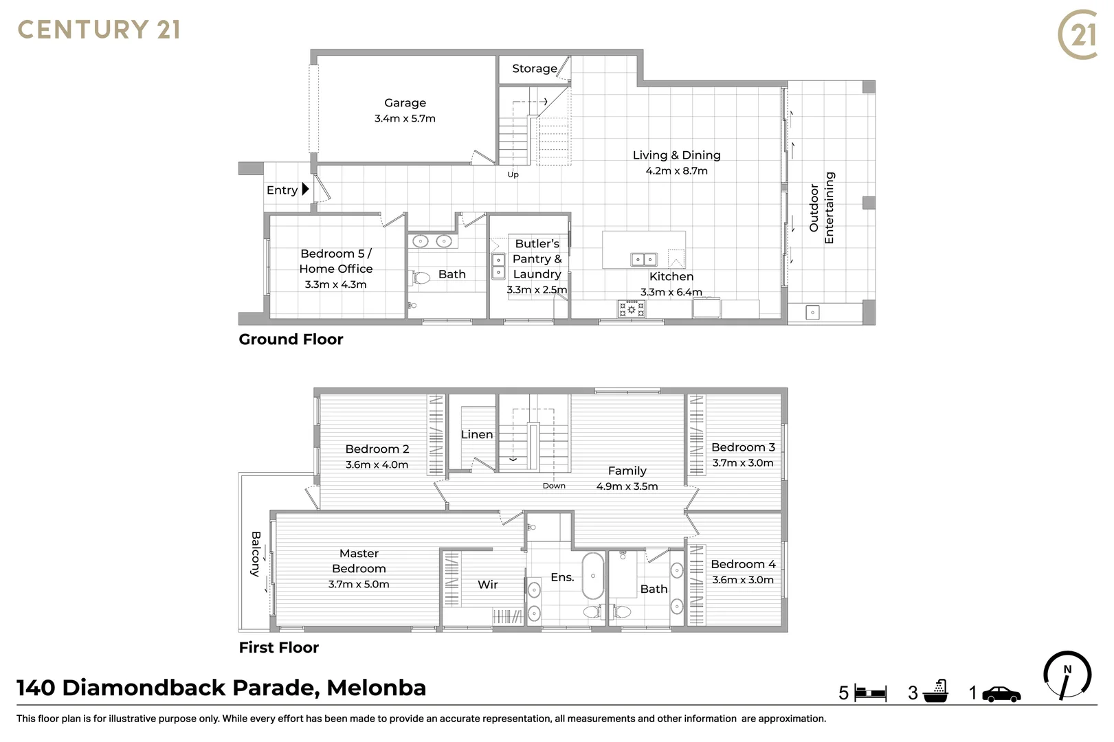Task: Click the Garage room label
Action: click(405, 103)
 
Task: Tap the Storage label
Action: click(534, 69)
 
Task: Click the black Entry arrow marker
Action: click(306, 189)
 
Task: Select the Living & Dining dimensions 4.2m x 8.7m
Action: click(676, 171)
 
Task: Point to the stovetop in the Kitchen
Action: click(631, 309)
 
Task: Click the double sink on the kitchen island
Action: click(644, 259)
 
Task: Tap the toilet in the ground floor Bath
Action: click(420, 278)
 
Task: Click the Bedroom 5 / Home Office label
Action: click(336, 261)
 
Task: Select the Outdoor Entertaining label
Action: click(822, 207)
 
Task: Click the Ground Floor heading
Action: click(291, 339)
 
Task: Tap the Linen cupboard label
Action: click(477, 434)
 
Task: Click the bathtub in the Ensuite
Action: click(592, 576)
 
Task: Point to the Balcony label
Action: click(256, 553)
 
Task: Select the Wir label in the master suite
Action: click(487, 585)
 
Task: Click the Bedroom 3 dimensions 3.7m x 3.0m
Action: click(743, 463)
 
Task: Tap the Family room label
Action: click(627, 471)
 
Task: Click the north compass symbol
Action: click(1067, 675)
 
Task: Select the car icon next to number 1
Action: click(1001, 694)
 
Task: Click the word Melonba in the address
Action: click(377, 688)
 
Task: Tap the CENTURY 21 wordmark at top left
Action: click(99, 30)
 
